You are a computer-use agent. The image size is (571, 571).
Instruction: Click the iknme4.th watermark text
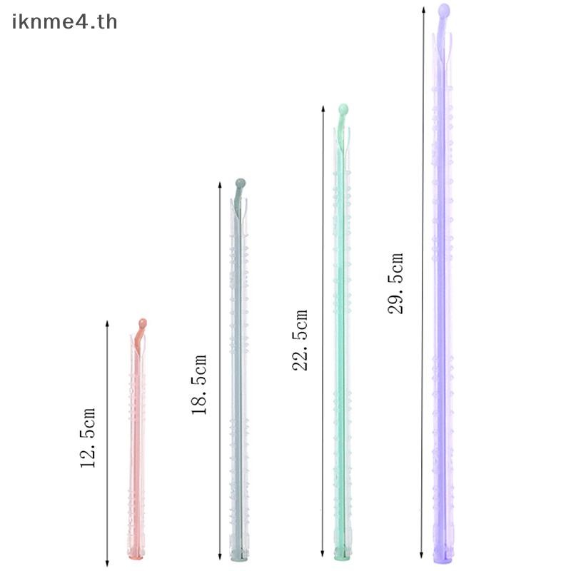64,21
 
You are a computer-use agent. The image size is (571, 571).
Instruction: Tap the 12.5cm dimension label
88,438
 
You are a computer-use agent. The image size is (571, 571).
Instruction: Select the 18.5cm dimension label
199,385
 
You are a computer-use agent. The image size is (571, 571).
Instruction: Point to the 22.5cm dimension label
300,340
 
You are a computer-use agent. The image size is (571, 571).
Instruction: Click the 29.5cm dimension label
395,283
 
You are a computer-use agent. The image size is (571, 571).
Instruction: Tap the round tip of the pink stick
142,323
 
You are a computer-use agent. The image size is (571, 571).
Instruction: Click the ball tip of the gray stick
241,183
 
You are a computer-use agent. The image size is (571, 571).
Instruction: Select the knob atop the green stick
343,109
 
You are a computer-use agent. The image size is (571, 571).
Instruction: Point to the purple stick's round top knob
444,9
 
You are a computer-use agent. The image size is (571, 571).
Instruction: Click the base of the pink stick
136,555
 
